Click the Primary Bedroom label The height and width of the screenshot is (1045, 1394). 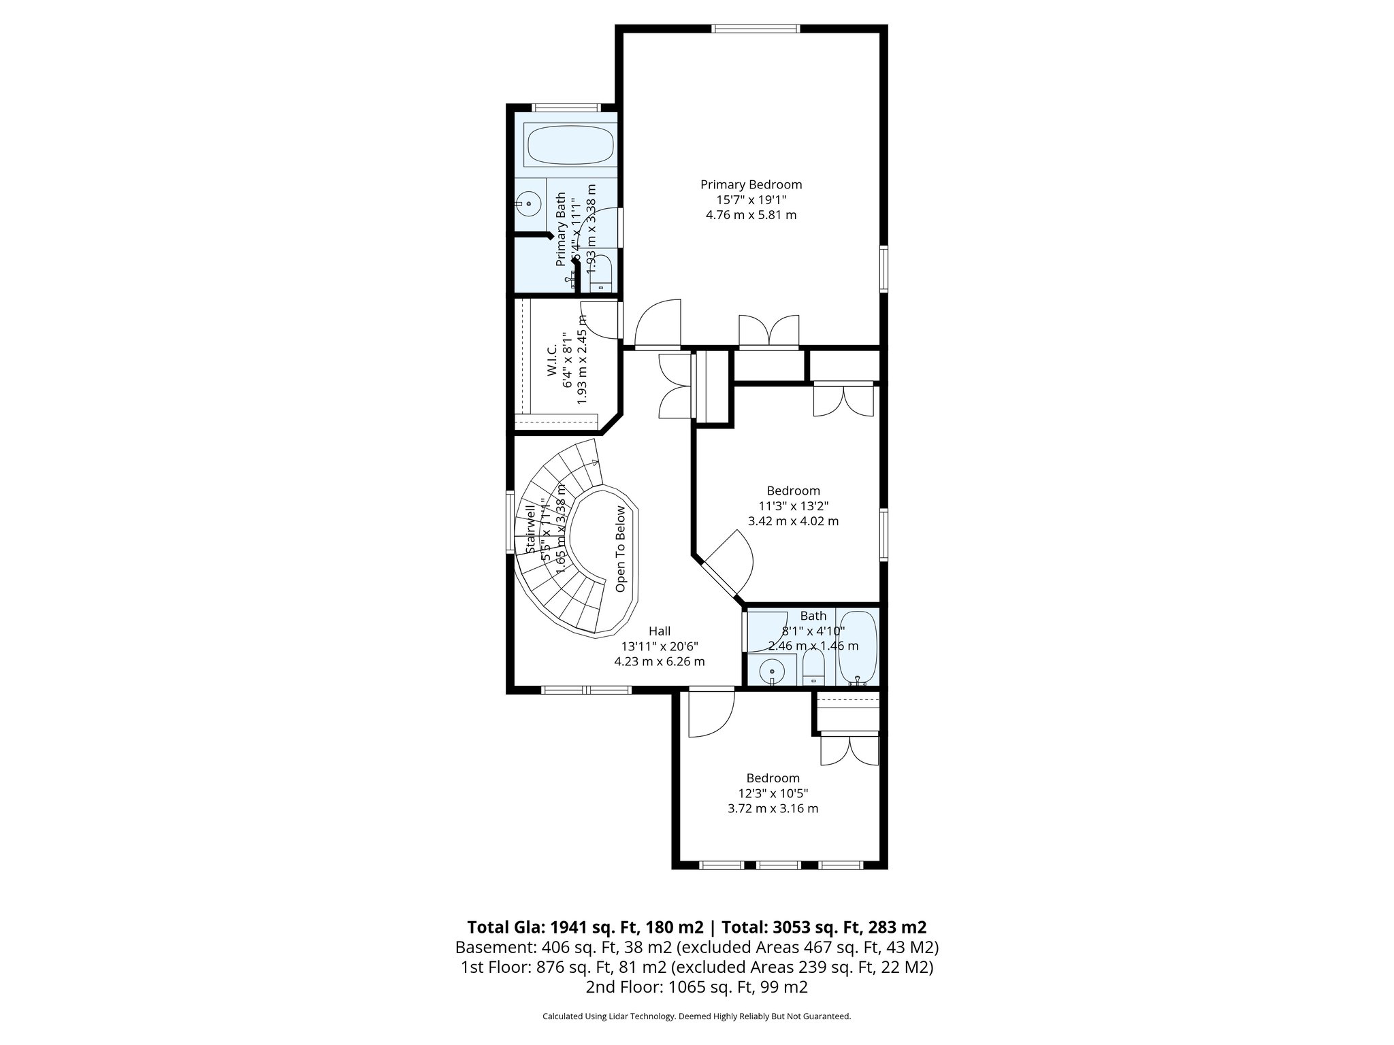pos(751,184)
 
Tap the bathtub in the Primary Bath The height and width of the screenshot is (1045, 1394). pos(570,145)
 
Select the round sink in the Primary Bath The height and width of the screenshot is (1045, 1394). pos(528,202)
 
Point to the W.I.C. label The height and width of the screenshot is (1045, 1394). pos(552,358)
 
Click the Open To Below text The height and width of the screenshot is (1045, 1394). pos(620,549)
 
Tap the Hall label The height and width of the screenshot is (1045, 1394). pos(659,631)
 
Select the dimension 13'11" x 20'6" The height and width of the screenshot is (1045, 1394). pos(659,646)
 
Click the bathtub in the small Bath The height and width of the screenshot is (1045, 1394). pos(858,647)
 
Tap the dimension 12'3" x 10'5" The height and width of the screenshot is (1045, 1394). pos(773,793)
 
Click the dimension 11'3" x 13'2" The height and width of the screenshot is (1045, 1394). pos(793,505)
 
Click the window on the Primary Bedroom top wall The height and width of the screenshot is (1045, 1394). pos(755,29)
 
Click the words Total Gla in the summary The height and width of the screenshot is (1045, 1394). pos(506,927)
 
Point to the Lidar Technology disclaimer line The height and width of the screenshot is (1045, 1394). pos(696,1016)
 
